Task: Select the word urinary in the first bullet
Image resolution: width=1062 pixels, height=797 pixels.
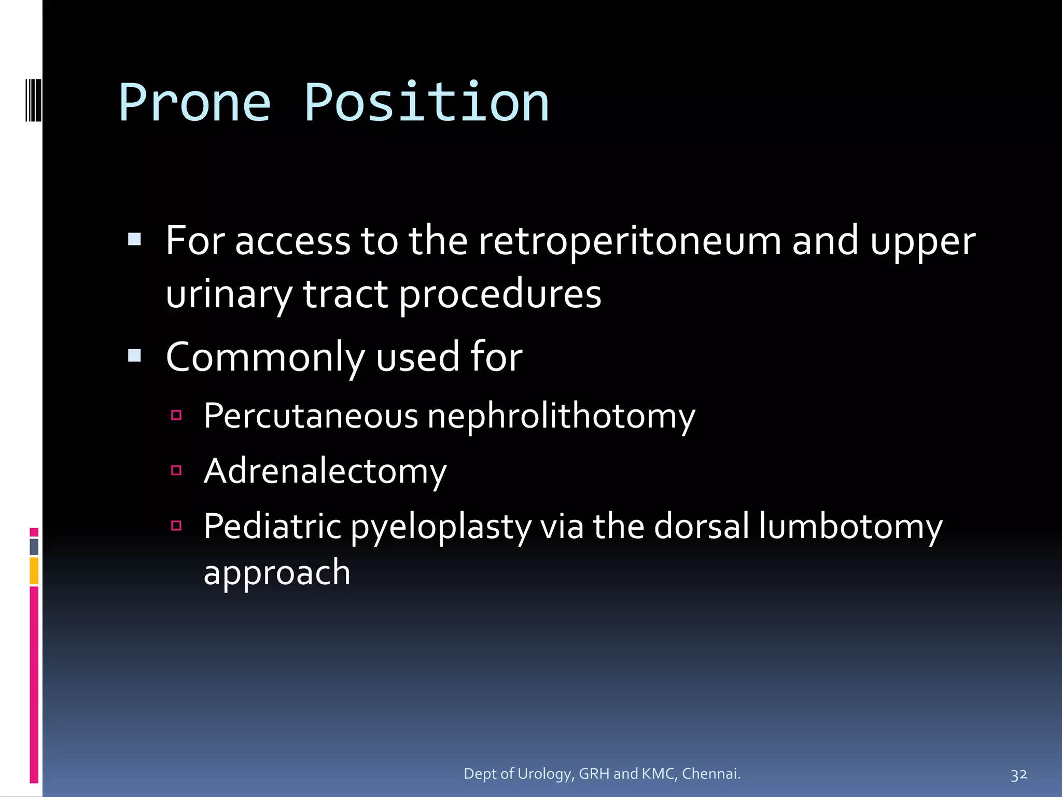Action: pyautogui.click(x=229, y=294)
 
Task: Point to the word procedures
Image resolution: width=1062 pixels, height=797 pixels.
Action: pyautogui.click(x=500, y=294)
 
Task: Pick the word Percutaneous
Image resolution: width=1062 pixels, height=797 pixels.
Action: pyautogui.click(x=311, y=416)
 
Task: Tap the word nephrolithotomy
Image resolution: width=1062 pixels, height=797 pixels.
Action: pyautogui.click(x=561, y=417)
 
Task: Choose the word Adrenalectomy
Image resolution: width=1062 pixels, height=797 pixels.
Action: pyautogui.click(x=325, y=471)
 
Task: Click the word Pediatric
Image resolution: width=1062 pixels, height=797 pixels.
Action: pyautogui.click(x=272, y=526)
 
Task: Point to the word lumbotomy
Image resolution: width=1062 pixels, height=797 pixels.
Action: pyautogui.click(x=850, y=526)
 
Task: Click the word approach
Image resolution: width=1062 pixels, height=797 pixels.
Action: pyautogui.click(x=277, y=573)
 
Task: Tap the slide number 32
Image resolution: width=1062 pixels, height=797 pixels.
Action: pyautogui.click(x=1018, y=775)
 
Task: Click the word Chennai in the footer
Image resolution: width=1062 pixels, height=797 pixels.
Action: pyautogui.click(x=710, y=774)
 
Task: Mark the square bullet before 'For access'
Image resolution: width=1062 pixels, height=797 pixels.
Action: pyautogui.click(x=134, y=239)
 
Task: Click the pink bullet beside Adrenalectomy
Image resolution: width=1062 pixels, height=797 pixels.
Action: pyautogui.click(x=176, y=471)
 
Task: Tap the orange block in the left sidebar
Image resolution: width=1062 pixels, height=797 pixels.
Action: pyautogui.click(x=34, y=571)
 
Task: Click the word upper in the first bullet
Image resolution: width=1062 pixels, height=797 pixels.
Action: pyautogui.click(x=923, y=242)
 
